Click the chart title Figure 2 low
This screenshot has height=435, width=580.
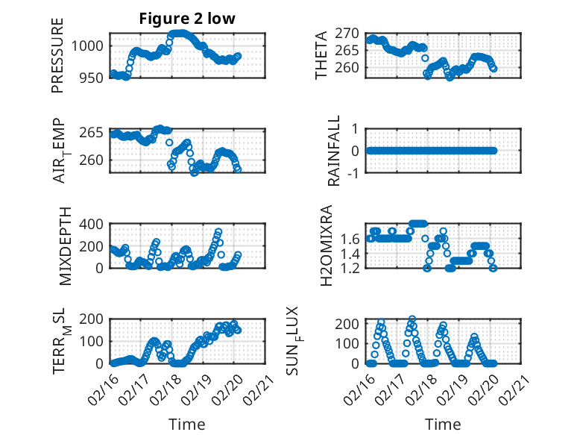coord(187,19)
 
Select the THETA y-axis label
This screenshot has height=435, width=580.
coord(321,55)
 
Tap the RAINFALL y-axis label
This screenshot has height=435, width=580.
coord(335,151)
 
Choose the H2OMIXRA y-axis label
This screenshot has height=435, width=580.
coord(326,246)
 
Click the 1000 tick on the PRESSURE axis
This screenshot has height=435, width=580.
coord(89,46)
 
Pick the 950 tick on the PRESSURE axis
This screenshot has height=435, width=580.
coord(93,78)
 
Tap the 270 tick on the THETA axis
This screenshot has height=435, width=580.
coord(347,34)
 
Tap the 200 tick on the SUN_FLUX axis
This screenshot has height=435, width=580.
coord(347,324)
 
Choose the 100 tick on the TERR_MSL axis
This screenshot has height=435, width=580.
coord(93,342)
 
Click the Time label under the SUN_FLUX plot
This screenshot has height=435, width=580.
coord(443,424)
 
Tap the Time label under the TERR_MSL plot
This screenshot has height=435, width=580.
coord(186,424)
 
